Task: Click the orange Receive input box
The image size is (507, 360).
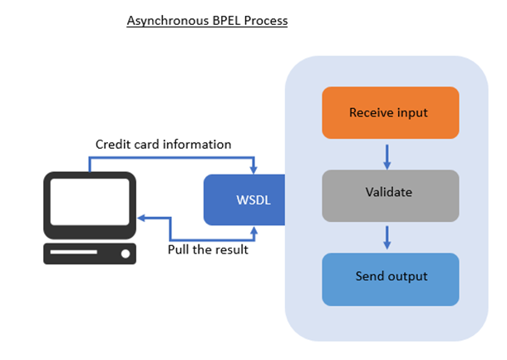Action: pyautogui.click(x=391, y=112)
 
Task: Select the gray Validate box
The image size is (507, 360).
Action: pyautogui.click(x=391, y=195)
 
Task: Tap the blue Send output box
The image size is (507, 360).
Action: pyautogui.click(x=391, y=279)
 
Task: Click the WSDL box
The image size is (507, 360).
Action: pyautogui.click(x=244, y=200)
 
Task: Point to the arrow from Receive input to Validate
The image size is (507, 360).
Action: pyautogui.click(x=387, y=157)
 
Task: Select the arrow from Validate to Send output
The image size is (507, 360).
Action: pyautogui.click(x=387, y=238)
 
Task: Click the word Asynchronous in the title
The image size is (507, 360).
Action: pyautogui.click(x=168, y=21)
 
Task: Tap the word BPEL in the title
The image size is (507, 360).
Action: pyautogui.click(x=226, y=21)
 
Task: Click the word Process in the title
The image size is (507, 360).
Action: pyautogui.click(x=266, y=21)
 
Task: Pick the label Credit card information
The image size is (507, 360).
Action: pyautogui.click(x=163, y=145)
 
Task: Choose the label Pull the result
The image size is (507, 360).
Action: pyautogui.click(x=208, y=249)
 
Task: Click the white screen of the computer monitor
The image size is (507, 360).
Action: pyautogui.click(x=90, y=202)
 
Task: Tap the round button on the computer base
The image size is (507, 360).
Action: pyautogui.click(x=126, y=254)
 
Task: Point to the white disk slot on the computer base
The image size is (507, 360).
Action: pyautogui.click(x=74, y=252)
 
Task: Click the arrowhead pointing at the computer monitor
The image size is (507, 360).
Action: pyautogui.click(x=141, y=218)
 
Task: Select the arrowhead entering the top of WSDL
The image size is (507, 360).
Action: pyautogui.click(x=253, y=170)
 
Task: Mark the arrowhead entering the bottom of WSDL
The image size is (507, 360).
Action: pyautogui.click(x=254, y=230)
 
